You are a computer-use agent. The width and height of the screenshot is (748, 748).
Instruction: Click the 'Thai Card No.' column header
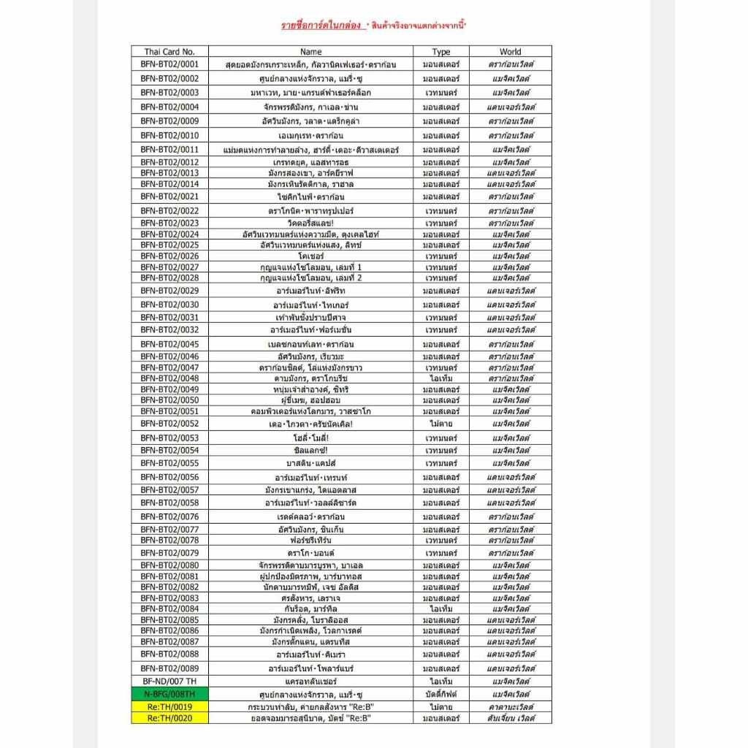coord(169,52)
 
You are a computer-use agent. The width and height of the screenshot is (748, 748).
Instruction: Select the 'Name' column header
coord(310,52)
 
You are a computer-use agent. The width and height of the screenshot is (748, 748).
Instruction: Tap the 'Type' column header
coord(441,52)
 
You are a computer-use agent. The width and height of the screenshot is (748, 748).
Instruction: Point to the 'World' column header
coord(511,52)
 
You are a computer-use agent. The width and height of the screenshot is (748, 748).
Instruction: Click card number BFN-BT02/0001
coord(169,65)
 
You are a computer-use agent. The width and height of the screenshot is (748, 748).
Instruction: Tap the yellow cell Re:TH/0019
coord(169,706)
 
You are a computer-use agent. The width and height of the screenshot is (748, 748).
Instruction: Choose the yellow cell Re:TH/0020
coord(169,718)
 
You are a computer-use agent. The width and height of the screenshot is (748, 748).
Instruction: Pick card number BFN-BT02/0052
coord(169,424)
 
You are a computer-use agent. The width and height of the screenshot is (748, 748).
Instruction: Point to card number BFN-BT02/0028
coord(169,278)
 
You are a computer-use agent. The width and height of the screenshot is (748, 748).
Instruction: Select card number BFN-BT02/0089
coord(169,668)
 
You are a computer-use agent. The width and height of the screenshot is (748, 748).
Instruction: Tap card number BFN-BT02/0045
coord(169,344)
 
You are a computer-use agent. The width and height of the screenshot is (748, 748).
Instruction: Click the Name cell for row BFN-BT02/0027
coord(310,267)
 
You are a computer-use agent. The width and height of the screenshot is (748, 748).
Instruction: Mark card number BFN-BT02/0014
coord(169,184)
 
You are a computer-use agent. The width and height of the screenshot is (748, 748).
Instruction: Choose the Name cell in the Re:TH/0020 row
coord(310,718)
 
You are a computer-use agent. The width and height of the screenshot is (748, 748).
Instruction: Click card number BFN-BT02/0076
coord(169,516)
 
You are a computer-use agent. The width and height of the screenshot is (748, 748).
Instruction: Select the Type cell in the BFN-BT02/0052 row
coord(441,424)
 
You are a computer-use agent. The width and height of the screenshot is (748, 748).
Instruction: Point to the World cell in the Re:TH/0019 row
coord(511,706)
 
